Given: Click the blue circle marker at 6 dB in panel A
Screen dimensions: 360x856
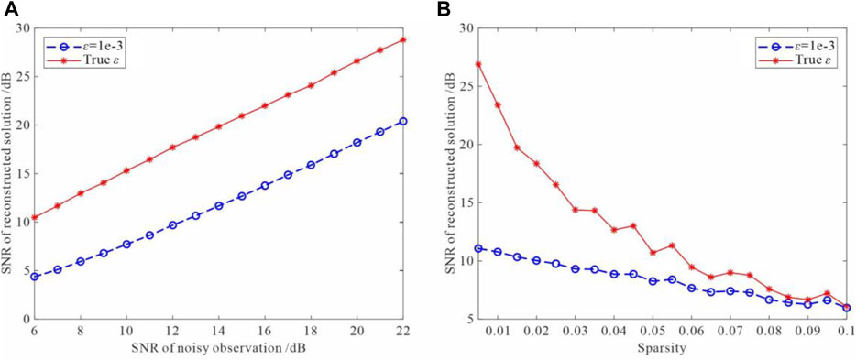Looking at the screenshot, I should click(34, 276).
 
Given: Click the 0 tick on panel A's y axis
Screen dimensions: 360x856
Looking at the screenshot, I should click(22, 319).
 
